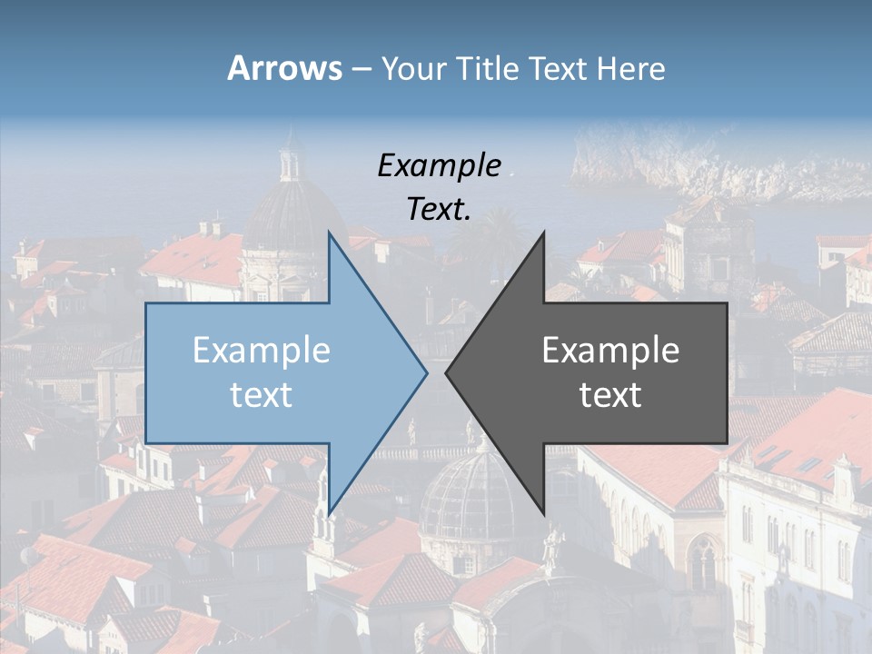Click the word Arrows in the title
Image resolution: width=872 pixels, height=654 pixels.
(x=284, y=68)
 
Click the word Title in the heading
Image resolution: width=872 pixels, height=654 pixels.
(x=482, y=68)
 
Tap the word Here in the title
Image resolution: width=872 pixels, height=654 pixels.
(x=631, y=68)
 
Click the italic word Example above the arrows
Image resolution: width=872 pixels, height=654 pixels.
(x=439, y=166)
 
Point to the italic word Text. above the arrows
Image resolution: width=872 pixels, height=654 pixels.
(x=439, y=209)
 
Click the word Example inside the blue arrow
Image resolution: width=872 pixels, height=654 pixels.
(x=262, y=351)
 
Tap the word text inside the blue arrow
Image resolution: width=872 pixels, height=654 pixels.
(x=262, y=395)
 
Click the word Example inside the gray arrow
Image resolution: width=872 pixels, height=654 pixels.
(x=610, y=351)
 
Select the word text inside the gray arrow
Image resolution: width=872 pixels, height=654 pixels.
(x=610, y=395)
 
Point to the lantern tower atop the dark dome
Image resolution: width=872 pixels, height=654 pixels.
(x=291, y=159)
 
